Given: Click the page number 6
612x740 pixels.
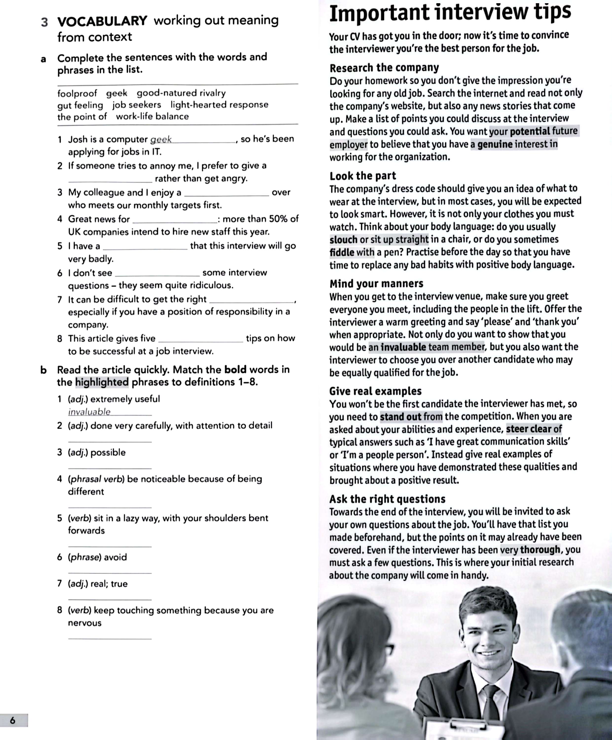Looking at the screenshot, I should coord(13,720).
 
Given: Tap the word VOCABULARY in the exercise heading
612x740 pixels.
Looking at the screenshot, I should coord(102,21).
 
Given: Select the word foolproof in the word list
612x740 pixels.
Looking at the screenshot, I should coord(77,93).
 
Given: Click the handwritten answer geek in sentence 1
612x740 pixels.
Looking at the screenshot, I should coord(161,140).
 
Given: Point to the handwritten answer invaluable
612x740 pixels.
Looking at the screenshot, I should coord(89,412).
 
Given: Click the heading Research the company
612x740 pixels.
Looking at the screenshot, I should coord(384,68).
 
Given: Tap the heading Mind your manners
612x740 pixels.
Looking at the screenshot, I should coord(376,283).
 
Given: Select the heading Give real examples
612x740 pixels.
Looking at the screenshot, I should coord(375,391).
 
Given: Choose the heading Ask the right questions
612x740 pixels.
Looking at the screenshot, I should coord(387,499).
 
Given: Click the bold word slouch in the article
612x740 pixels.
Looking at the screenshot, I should coord(343,240).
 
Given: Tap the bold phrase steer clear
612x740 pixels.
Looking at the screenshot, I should coord(528,429).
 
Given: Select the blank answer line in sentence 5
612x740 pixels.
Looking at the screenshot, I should coord(145,249).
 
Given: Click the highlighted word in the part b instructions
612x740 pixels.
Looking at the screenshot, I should coord(102,382).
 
